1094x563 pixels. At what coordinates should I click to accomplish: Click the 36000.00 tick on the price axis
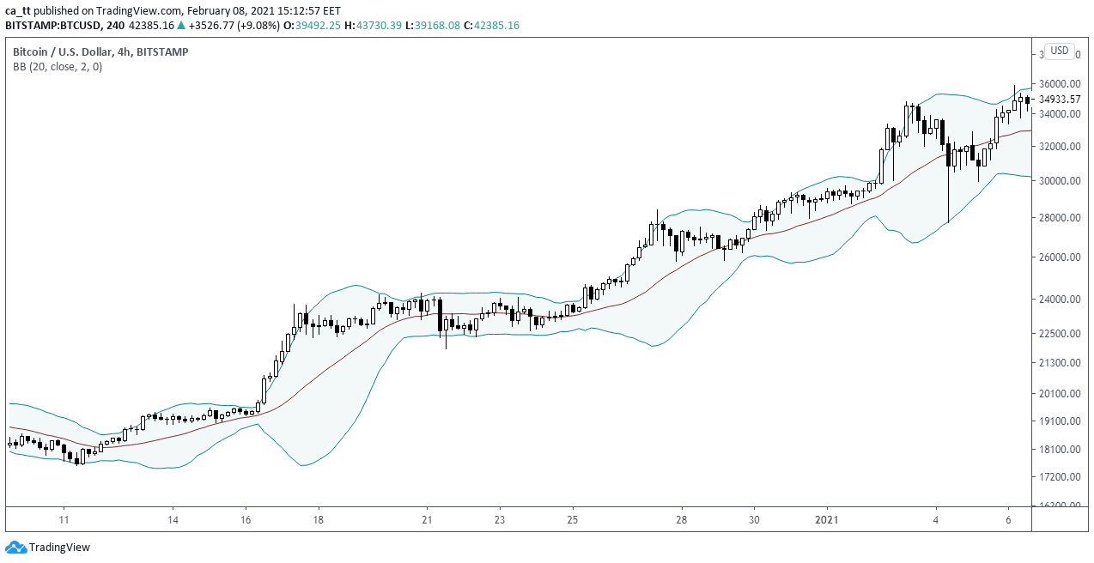(x=1059, y=84)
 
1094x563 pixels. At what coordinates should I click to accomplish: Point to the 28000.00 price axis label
(x=1059, y=218)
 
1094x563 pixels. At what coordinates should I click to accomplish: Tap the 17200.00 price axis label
(x=1059, y=477)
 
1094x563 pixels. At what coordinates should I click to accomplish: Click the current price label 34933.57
(x=1059, y=100)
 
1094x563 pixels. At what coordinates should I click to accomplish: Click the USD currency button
(x=1060, y=51)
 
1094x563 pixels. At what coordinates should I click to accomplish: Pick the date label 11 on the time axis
(x=64, y=520)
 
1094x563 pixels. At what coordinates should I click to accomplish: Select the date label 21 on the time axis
(x=427, y=520)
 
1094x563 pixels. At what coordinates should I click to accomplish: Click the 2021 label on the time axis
(x=826, y=520)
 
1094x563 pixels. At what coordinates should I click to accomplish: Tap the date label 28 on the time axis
(x=681, y=520)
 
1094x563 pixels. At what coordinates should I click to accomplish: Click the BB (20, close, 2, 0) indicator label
(x=57, y=67)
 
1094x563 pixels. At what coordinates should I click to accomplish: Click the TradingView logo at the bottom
(x=47, y=548)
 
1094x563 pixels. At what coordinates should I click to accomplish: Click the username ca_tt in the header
(x=18, y=10)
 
